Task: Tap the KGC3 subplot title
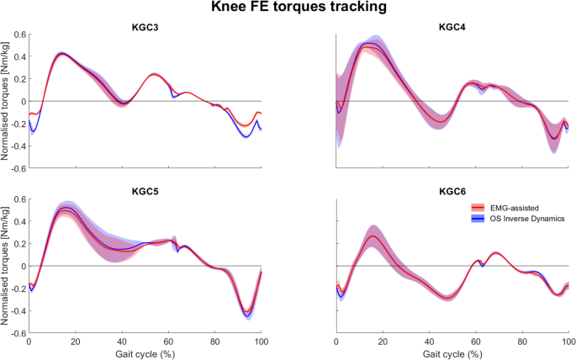click(144, 28)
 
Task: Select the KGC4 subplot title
click(452, 28)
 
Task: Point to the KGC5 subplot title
click(144, 192)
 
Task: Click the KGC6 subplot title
click(452, 192)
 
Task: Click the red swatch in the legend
click(477, 206)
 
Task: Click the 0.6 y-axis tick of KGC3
click(18, 35)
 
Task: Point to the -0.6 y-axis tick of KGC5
click(17, 333)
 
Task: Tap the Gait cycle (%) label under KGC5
click(144, 354)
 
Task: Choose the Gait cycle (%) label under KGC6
click(452, 354)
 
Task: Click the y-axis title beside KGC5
click(6, 266)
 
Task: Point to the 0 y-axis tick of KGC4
click(329, 102)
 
